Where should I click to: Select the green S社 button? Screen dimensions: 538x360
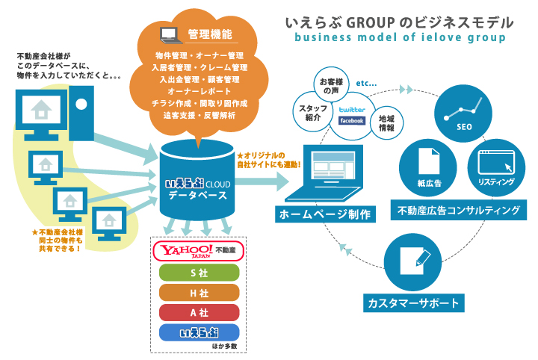click(x=199, y=273)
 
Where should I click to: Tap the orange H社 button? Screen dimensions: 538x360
click(x=199, y=293)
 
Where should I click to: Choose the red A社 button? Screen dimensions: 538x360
click(x=199, y=313)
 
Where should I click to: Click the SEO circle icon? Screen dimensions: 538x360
click(x=463, y=114)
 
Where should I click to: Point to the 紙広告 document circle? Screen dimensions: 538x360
click(x=428, y=167)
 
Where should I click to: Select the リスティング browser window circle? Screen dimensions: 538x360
click(x=496, y=167)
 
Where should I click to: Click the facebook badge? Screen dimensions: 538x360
click(x=352, y=121)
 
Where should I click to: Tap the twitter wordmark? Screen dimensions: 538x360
click(x=352, y=110)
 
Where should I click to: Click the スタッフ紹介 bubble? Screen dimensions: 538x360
click(x=312, y=112)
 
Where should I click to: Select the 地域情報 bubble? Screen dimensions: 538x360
click(x=387, y=123)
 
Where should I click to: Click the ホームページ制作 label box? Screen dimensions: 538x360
click(x=325, y=214)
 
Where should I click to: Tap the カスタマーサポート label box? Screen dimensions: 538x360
click(x=414, y=302)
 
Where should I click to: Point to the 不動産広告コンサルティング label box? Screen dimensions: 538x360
click(x=459, y=210)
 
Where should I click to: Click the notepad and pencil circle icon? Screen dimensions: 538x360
click(x=412, y=262)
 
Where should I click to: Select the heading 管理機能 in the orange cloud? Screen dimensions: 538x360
click(x=210, y=34)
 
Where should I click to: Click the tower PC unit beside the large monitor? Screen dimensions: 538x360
click(x=81, y=113)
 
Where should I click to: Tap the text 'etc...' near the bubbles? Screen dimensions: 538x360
click(x=366, y=83)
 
